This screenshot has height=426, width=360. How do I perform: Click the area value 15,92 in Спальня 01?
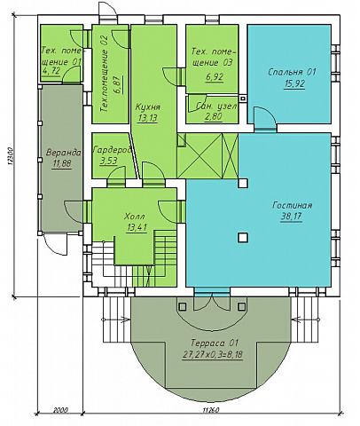point(294,83)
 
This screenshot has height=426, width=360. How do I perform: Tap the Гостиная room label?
point(293,205)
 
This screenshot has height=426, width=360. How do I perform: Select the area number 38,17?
point(291,217)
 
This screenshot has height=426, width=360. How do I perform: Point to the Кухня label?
point(148,106)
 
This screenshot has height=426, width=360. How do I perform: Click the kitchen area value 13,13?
point(148,118)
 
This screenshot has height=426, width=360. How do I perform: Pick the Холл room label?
point(135,217)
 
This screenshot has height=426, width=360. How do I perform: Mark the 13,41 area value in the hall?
point(137,227)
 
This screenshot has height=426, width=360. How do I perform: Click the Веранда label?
point(63,153)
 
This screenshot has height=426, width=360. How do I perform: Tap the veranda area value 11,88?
point(62,163)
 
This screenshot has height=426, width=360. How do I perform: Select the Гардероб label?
point(112,150)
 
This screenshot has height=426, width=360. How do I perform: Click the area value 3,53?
point(108,161)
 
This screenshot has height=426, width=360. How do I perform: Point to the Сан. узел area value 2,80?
point(213,117)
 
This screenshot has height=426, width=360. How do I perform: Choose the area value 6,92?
point(215,76)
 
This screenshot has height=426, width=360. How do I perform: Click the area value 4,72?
point(51,71)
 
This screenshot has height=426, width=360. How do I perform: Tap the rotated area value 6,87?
point(119,84)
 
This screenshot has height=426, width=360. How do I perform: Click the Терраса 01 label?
point(214,343)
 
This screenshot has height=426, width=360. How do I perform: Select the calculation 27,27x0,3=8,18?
point(213,355)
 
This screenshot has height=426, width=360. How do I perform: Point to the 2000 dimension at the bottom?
point(60,410)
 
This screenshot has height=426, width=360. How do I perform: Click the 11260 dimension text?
point(211,410)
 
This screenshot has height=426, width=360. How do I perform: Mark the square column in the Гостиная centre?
point(243,238)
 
